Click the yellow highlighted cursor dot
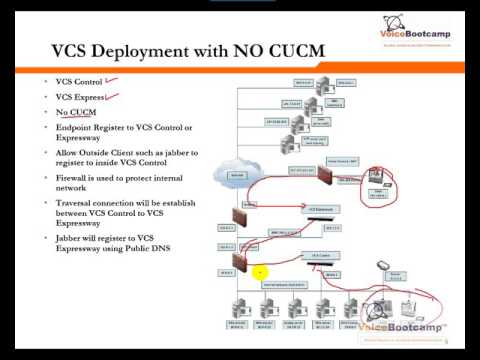pos(260,271)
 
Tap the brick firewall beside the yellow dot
pos(241,262)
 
